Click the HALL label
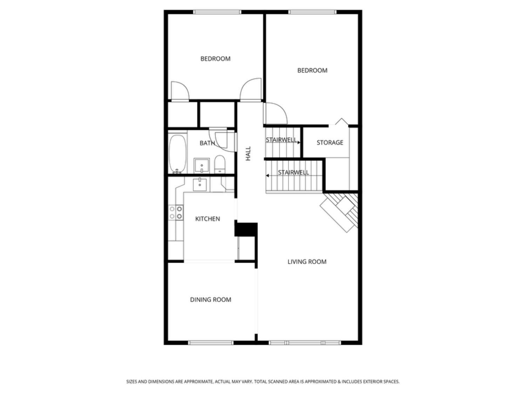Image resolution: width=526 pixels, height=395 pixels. (248, 153)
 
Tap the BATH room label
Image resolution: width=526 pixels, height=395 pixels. (207, 143)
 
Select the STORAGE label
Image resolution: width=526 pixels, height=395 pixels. (330, 143)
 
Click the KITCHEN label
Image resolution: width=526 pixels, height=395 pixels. (208, 219)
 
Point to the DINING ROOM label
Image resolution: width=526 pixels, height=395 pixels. (211, 299)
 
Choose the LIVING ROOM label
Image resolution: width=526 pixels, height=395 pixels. (307, 262)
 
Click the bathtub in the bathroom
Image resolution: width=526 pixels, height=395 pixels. (177, 154)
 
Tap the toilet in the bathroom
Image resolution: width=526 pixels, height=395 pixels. (220, 164)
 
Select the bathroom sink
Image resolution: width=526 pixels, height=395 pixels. (202, 165)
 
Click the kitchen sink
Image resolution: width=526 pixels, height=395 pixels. (200, 184)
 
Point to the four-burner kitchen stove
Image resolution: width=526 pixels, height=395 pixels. (176, 212)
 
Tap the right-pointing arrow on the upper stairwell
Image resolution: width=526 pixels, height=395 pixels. (298, 143)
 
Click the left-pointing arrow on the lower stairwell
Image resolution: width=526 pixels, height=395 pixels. (268, 176)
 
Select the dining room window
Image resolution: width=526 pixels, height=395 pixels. (210, 343)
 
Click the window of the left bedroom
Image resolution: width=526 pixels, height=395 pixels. (217, 12)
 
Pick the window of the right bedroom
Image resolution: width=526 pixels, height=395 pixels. (312, 12)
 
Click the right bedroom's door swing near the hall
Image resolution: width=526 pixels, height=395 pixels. (276, 113)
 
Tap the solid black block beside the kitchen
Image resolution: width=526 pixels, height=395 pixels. (246, 230)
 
